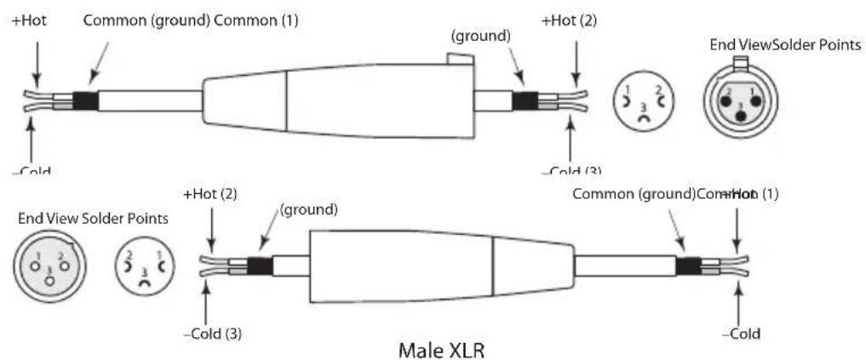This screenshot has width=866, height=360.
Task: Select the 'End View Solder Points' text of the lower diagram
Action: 93,219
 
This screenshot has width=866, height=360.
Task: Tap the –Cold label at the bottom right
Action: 740,334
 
